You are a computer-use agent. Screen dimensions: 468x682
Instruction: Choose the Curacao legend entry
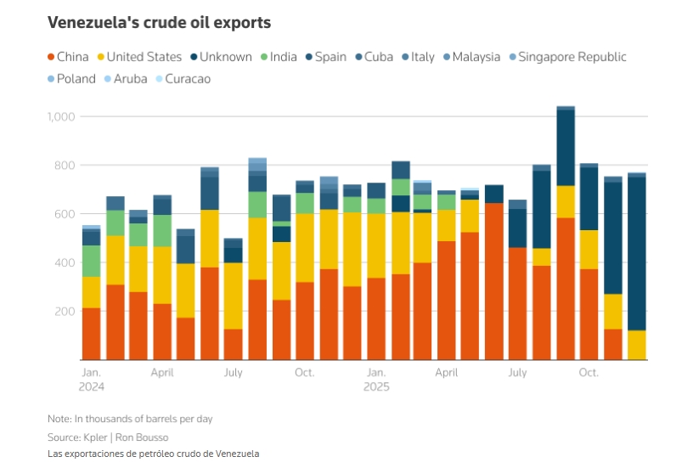[x=182, y=79]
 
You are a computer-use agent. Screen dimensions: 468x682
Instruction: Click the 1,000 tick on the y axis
[x=61, y=116]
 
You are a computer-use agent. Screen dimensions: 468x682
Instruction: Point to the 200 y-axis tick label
[x=65, y=312]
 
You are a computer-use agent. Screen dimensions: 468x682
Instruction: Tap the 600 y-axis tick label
[x=65, y=214]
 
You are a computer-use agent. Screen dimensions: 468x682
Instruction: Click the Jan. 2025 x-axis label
[x=376, y=379]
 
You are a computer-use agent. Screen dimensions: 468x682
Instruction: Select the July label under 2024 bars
[x=233, y=373]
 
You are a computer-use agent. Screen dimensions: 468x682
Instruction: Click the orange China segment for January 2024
[x=91, y=334]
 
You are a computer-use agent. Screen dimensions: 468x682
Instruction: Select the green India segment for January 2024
[x=91, y=261]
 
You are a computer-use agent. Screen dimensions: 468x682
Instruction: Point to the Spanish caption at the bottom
[x=153, y=454]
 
